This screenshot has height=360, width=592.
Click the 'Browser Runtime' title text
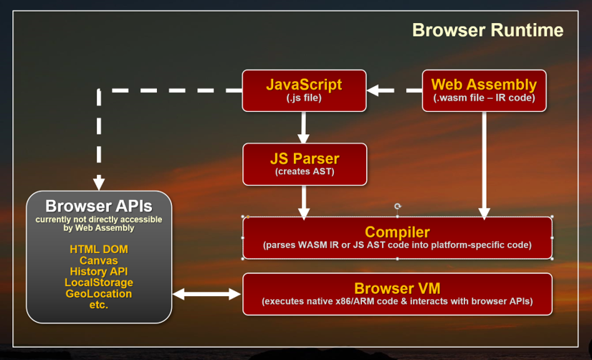[x=487, y=30]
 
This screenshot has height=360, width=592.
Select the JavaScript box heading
[x=304, y=84]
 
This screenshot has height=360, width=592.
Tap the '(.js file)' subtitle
[x=304, y=98]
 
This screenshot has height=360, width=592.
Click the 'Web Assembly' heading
[x=484, y=85]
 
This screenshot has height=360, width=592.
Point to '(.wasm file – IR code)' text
[x=484, y=98]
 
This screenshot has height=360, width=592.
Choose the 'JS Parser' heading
[x=304, y=158]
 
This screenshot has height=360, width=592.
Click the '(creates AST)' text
[x=304, y=172]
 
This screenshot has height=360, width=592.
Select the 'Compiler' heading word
[x=397, y=232]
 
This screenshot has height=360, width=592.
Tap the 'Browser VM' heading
[x=397, y=288]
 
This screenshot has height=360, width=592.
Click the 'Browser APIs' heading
[x=99, y=206]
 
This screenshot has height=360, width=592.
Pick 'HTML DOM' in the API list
[x=99, y=250]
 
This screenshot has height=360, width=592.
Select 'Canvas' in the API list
[x=99, y=260]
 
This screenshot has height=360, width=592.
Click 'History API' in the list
[x=99, y=272]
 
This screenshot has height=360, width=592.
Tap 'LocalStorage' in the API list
[x=99, y=283]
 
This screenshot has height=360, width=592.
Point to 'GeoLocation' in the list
[x=99, y=294]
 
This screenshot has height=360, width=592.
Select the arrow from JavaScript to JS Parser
[x=304, y=127]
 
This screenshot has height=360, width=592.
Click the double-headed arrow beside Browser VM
[x=207, y=293]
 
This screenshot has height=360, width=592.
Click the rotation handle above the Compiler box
[x=398, y=206]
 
